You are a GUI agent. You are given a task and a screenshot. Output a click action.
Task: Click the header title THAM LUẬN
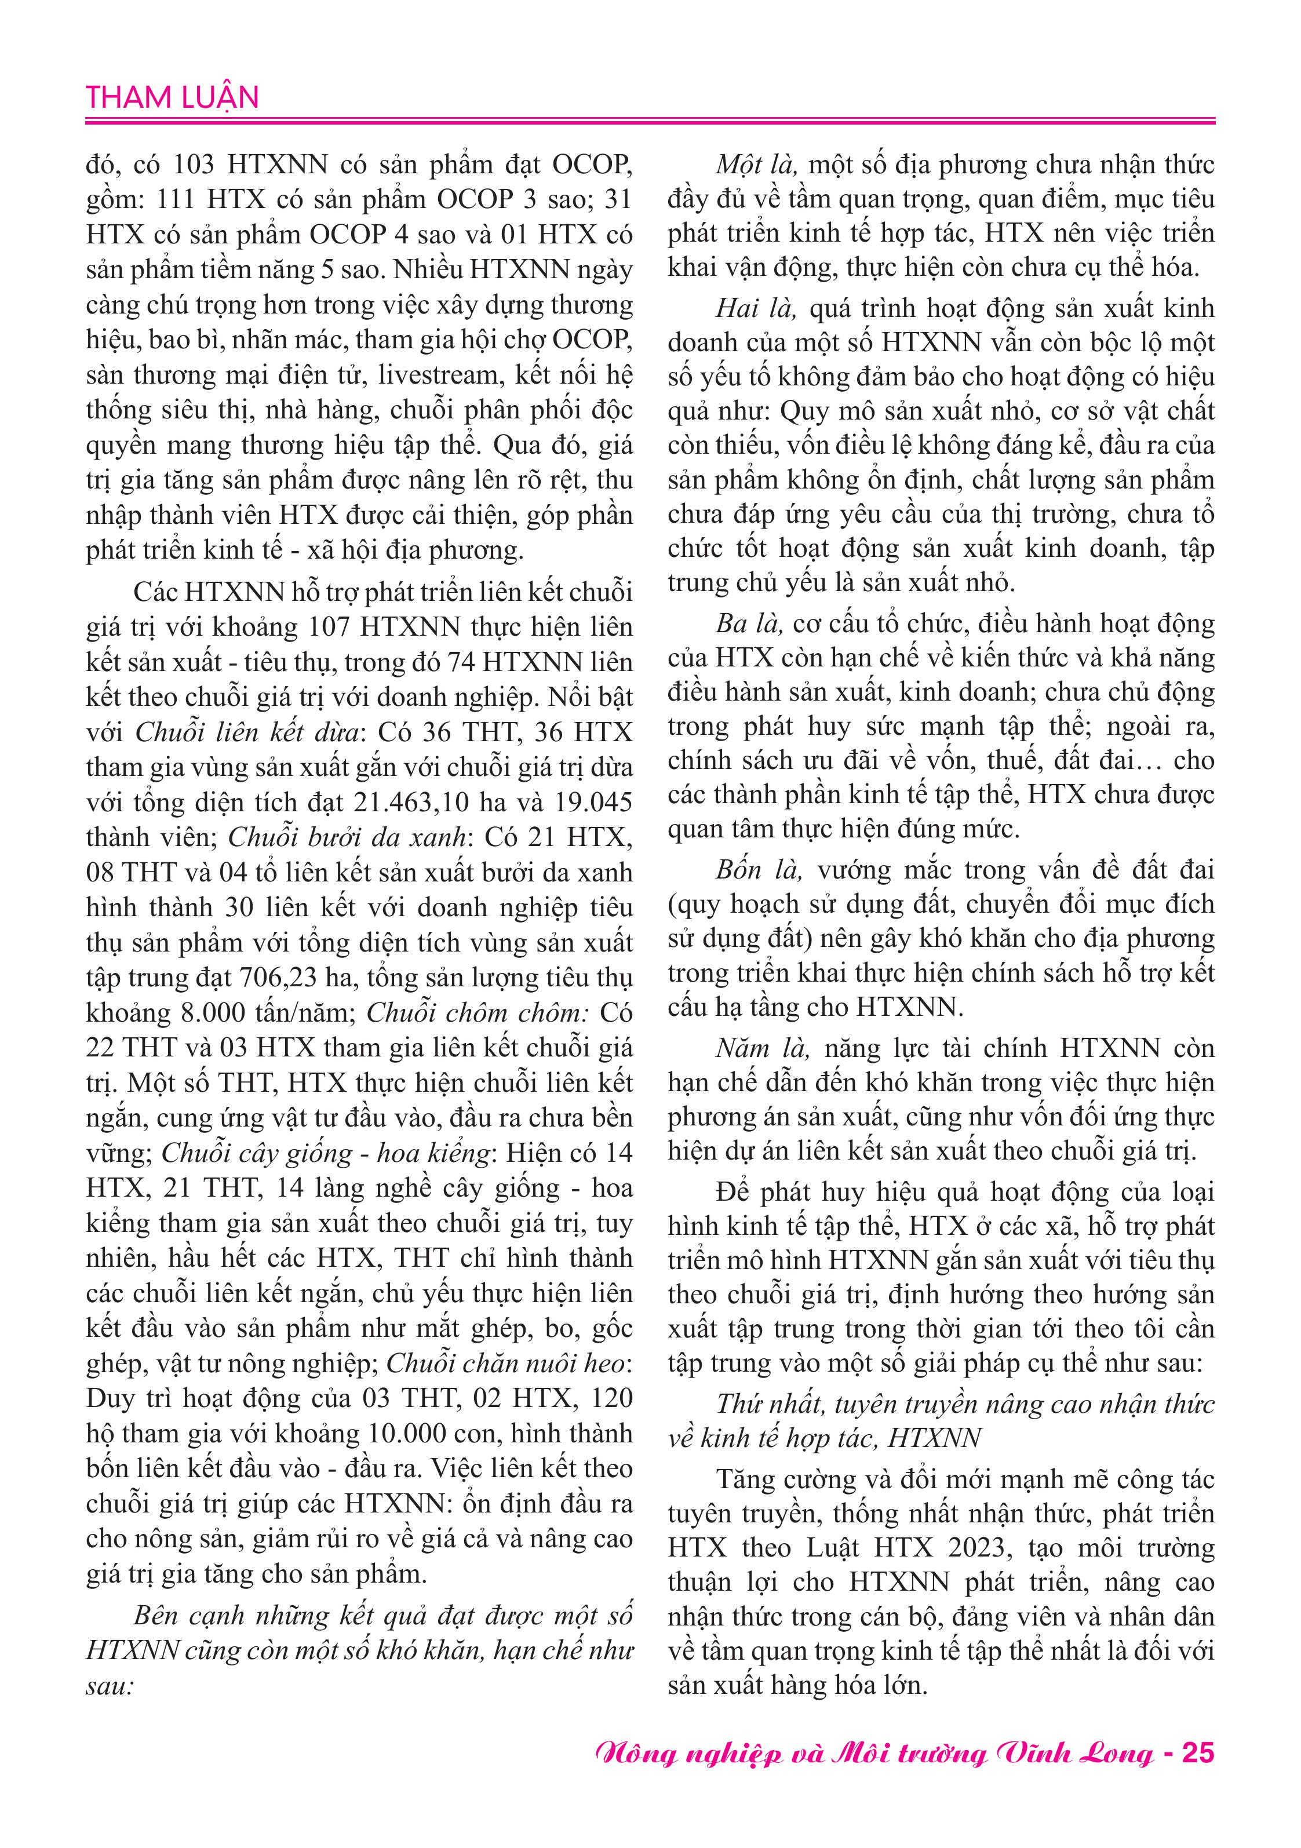(172, 97)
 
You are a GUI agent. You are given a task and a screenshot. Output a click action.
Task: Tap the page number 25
(1197, 1752)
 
